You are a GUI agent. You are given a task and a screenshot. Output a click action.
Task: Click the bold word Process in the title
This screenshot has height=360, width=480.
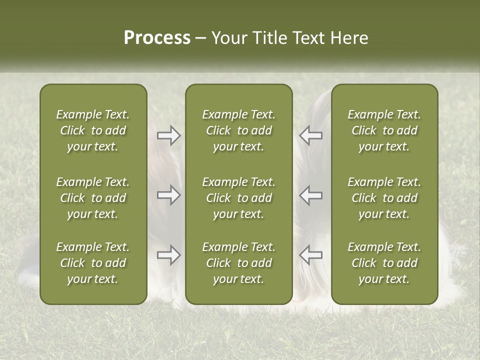point(157,38)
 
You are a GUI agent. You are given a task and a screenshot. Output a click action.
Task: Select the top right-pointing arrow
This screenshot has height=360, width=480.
point(168,135)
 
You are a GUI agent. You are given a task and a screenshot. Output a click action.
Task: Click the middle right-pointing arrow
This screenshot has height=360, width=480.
point(168,195)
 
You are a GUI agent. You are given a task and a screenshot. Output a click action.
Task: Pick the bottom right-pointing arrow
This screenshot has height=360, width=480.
point(168,255)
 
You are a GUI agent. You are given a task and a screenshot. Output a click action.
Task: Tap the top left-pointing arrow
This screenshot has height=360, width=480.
point(310,135)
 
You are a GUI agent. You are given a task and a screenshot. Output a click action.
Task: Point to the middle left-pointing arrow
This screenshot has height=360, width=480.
point(310,195)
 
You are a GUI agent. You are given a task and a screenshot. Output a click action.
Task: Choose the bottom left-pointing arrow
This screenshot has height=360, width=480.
point(310,255)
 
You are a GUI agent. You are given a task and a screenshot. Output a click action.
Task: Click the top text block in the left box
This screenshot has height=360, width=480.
point(93,130)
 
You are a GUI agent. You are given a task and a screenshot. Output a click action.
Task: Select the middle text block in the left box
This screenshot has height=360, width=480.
point(93,198)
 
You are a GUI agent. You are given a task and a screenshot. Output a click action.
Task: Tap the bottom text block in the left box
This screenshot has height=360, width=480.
point(93,263)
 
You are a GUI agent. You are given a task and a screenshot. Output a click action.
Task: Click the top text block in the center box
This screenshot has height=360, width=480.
point(238,130)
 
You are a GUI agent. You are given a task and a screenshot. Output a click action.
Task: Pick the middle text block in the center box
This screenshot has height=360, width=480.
point(238,198)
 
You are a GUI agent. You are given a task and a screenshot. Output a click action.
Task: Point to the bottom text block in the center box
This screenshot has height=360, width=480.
point(238,263)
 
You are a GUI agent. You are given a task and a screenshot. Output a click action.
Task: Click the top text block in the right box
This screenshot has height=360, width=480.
point(384,130)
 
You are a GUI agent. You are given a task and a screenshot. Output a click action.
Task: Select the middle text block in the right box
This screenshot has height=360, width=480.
point(384,198)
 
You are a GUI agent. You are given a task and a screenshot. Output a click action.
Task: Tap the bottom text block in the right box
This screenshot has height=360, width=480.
point(384,263)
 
